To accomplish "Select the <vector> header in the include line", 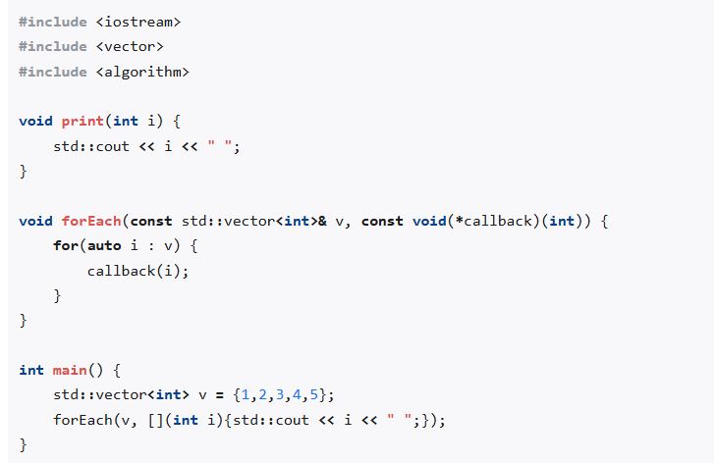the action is click(x=130, y=46).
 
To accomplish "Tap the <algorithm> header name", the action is click(x=142, y=72).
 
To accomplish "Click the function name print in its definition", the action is click(x=82, y=121).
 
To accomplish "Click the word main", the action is click(x=70, y=370).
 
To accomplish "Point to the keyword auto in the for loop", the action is click(x=104, y=245).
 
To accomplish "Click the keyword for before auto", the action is click(x=66, y=245).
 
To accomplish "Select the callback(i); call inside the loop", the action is click(x=137, y=271).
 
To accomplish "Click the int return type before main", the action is click(x=31, y=370).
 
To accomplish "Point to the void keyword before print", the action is click(x=36, y=121).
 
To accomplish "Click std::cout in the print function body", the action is click(x=91, y=146).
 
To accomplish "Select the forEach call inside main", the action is click(x=82, y=420).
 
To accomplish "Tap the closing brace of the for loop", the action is click(x=58, y=295).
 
